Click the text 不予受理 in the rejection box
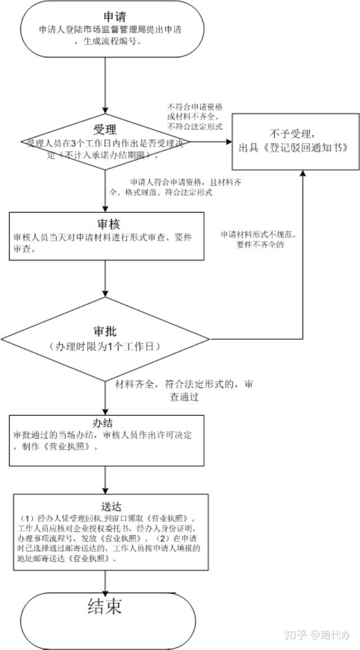coord(296,134)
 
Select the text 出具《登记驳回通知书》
coord(296,148)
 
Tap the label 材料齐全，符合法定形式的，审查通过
coord(183,390)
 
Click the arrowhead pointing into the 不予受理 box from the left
coord(230,142)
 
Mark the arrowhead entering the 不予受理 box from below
coord(303,173)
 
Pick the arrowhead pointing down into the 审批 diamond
coord(106,295)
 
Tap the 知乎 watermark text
coord(296,635)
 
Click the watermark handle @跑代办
coord(331,635)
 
